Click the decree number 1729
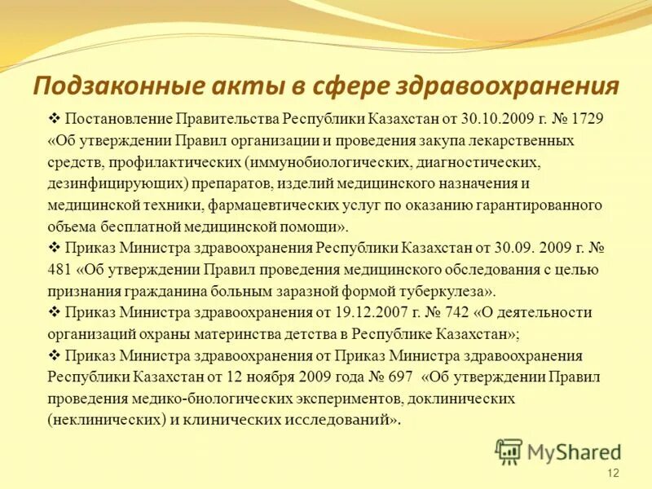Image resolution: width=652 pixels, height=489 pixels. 588,119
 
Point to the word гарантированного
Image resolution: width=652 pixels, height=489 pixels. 544,205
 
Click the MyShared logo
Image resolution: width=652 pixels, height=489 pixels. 558,451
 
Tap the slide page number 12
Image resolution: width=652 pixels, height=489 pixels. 614,474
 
